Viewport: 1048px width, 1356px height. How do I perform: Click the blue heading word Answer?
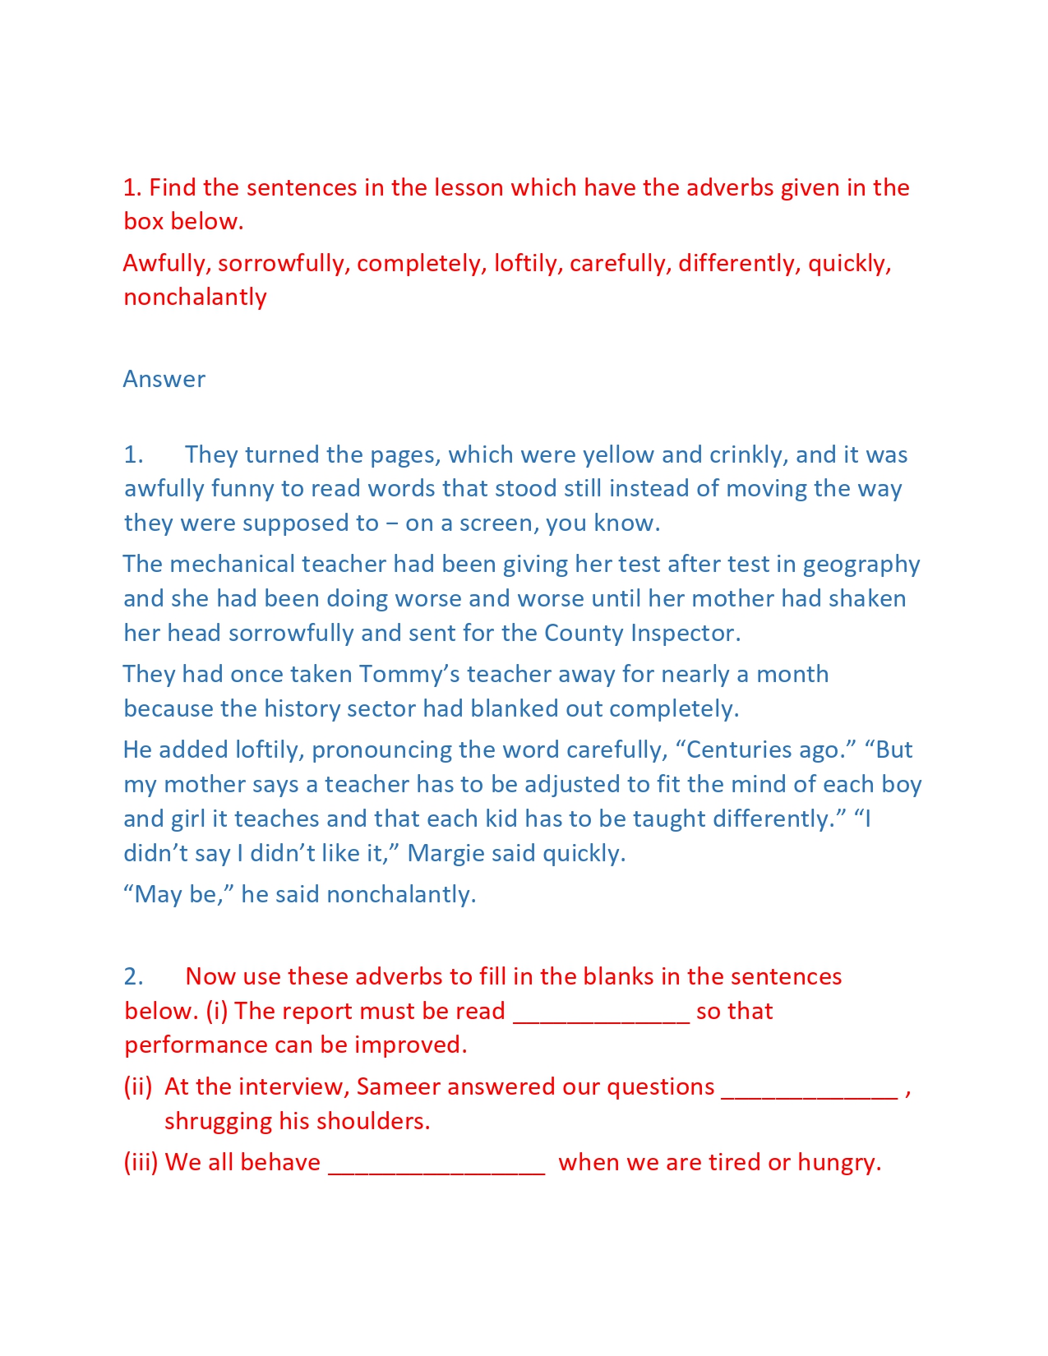click(164, 379)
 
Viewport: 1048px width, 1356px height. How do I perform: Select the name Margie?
click(446, 853)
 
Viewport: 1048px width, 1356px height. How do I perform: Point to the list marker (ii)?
click(138, 1086)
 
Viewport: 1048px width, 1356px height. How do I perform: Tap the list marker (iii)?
click(141, 1162)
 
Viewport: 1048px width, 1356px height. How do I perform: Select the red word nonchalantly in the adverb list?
click(195, 297)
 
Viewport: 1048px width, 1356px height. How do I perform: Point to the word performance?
click(196, 1045)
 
